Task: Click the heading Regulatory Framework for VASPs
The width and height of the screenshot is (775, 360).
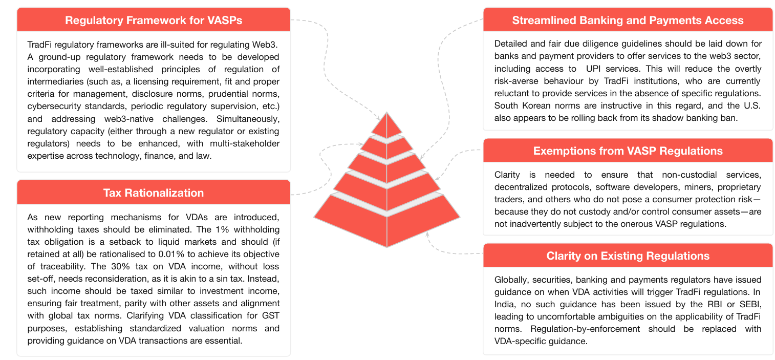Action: point(154,20)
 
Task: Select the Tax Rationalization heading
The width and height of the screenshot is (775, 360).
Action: point(154,193)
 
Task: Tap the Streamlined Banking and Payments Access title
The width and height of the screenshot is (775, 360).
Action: point(628,20)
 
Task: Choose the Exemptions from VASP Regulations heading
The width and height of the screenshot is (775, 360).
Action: point(628,151)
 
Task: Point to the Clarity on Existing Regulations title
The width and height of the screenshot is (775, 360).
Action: point(628,256)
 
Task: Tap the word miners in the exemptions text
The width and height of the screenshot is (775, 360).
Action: point(671,186)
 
